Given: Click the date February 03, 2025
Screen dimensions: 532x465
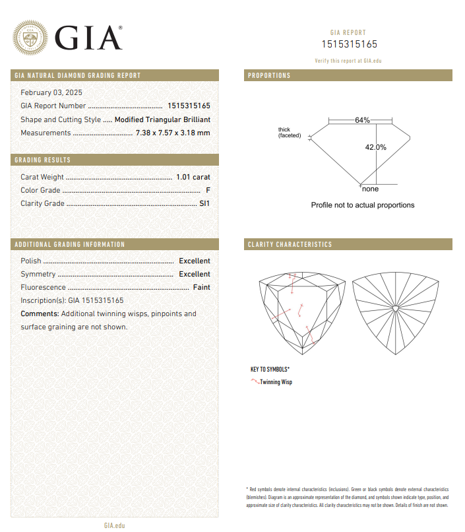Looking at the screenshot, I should click(x=51, y=92).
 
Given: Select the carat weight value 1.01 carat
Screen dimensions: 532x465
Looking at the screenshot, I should click(x=193, y=177).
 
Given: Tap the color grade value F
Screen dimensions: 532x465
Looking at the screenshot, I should click(x=208, y=190).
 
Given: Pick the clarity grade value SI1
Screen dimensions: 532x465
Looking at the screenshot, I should click(x=204, y=203).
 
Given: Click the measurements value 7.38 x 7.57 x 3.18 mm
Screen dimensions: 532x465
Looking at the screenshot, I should click(x=173, y=133).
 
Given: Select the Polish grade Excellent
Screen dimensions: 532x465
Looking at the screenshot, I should click(x=195, y=261).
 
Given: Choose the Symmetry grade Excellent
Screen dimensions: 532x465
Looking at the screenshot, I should click(x=195, y=274).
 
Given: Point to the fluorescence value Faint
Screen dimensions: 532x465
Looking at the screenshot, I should click(x=201, y=287).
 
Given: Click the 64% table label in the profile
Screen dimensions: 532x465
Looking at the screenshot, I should click(x=362, y=120).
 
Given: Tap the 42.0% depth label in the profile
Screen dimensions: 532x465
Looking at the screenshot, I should click(x=375, y=147).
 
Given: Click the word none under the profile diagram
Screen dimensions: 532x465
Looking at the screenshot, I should click(x=371, y=189).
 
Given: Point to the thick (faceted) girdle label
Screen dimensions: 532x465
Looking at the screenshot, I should click(x=289, y=133).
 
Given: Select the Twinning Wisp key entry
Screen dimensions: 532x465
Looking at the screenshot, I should click(x=276, y=382).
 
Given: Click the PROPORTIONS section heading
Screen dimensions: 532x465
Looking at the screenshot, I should click(x=269, y=76).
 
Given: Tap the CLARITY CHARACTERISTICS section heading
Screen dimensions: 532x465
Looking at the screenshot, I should click(x=290, y=245).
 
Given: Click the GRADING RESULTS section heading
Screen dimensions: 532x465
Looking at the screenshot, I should click(x=42, y=160).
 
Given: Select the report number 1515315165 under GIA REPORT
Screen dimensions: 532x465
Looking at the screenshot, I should click(x=349, y=44).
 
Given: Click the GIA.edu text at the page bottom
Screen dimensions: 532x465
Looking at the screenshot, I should click(x=114, y=525).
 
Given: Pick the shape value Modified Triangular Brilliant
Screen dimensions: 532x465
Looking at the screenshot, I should click(x=162, y=119).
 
